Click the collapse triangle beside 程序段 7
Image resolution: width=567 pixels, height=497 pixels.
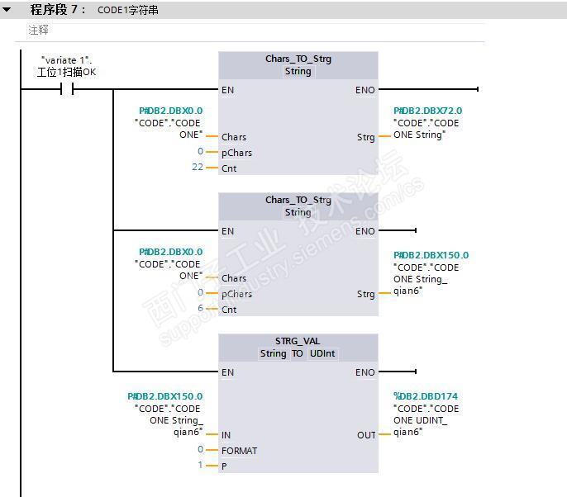(7, 10)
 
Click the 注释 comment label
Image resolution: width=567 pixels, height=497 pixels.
(39, 30)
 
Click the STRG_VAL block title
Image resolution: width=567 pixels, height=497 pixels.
(298, 341)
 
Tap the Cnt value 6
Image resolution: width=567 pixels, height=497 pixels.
(200, 309)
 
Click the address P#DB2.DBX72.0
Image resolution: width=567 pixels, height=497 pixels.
(427, 111)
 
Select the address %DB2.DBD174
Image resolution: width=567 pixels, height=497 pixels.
(426, 396)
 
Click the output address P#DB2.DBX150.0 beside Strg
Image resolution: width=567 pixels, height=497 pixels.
(431, 255)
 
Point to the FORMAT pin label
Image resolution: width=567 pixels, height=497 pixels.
(239, 451)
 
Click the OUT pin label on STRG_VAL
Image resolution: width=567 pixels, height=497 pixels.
(366, 435)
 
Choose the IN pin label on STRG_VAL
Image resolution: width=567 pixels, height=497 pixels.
(226, 435)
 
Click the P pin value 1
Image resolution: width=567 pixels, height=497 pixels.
(200, 466)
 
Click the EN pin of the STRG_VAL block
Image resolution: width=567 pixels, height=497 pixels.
(227, 372)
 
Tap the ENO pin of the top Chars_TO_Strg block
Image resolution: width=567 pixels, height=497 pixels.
(364, 90)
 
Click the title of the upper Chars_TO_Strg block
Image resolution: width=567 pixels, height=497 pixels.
(298, 59)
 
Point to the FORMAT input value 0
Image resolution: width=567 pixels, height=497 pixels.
(200, 450)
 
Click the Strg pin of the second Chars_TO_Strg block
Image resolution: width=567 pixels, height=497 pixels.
(365, 294)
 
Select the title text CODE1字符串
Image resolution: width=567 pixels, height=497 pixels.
(133, 10)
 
